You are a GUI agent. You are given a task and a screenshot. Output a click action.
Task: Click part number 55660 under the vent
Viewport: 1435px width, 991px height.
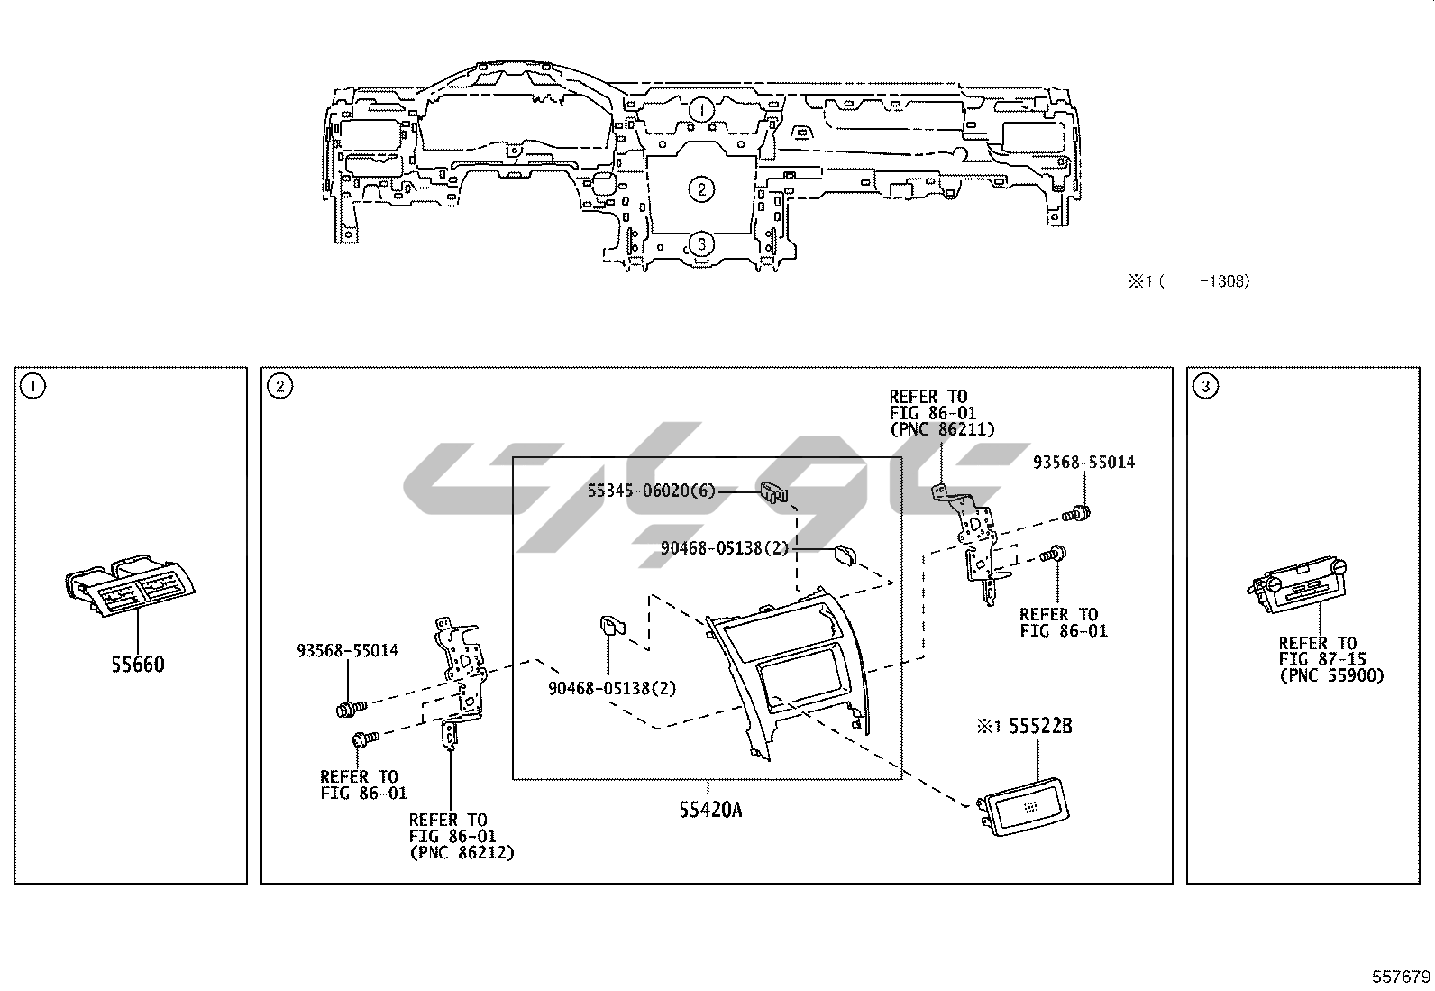tap(138, 665)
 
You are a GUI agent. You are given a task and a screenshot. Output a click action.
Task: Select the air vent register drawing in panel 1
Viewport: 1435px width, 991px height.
tap(130, 584)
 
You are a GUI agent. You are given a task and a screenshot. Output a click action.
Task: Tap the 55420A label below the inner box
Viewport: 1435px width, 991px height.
tap(710, 811)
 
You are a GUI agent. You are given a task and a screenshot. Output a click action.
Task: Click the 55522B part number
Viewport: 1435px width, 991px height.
tap(1040, 726)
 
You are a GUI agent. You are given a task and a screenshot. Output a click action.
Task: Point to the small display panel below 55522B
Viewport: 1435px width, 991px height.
tap(1022, 806)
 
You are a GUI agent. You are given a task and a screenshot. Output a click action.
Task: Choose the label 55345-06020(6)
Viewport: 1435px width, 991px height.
tap(652, 491)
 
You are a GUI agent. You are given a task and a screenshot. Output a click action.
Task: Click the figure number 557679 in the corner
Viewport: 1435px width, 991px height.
tap(1401, 977)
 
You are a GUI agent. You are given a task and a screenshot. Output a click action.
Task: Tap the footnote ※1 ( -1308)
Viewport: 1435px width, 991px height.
tap(1189, 281)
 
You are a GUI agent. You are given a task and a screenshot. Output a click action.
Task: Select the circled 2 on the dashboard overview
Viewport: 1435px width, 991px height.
tap(701, 189)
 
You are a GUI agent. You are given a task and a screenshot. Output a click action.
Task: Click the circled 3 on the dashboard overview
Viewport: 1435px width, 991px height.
tap(701, 244)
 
